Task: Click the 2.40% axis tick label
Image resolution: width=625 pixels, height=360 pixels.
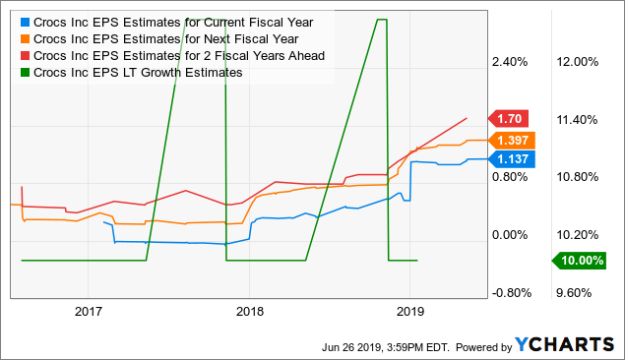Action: (510, 62)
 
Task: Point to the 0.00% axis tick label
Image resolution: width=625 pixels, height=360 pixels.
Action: (510, 235)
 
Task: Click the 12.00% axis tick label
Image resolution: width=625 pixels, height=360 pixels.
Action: (578, 62)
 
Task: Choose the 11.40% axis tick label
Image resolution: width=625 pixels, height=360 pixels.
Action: (578, 119)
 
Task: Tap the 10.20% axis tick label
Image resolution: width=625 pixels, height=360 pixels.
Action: (578, 235)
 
